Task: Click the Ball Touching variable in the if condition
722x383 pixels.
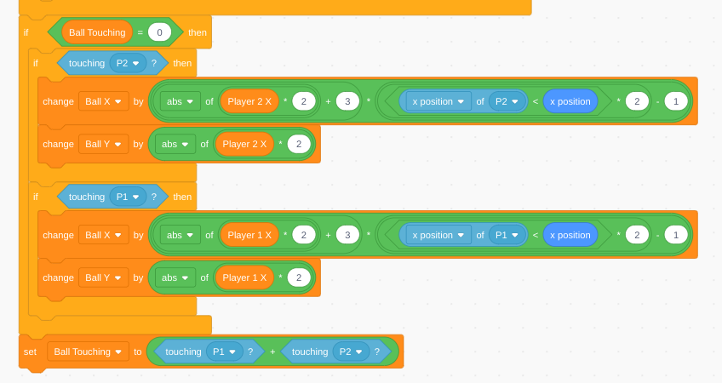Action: coord(97,32)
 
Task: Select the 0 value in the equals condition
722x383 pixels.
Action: coord(159,32)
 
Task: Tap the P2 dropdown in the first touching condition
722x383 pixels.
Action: coord(128,63)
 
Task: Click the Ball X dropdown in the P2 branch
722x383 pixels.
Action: coord(103,101)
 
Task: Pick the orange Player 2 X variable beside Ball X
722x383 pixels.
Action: coord(249,101)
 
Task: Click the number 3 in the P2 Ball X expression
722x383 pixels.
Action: coord(347,101)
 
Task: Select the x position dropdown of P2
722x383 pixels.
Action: coord(438,101)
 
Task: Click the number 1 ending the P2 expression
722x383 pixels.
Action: coord(676,101)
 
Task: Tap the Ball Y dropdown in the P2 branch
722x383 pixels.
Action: coord(103,144)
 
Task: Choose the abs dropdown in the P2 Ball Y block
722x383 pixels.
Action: coord(175,144)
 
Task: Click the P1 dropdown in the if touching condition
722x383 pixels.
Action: coord(128,197)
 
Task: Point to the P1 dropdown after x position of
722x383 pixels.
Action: coord(507,235)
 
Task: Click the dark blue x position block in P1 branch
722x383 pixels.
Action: coord(570,235)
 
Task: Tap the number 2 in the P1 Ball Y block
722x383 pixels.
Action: coord(299,277)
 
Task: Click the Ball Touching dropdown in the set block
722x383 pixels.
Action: coord(88,352)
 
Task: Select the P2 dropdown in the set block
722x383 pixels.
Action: coord(351,352)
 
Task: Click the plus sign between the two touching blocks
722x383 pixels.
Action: coord(272,352)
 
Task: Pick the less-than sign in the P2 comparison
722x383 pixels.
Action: coord(535,101)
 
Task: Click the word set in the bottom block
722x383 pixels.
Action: coord(30,352)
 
